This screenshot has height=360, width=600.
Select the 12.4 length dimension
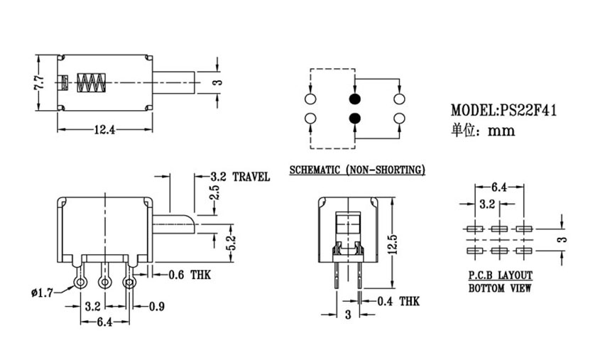(104, 130)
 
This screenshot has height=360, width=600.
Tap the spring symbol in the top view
(91, 82)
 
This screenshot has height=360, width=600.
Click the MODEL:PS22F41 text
(503, 110)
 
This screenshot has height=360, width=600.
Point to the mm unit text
(501, 131)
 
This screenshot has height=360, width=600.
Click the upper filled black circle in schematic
(355, 99)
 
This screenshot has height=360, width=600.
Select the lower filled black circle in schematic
(355, 119)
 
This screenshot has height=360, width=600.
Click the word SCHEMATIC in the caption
(315, 170)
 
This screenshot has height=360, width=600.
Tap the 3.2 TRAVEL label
(240, 177)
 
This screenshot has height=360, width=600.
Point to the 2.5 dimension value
(215, 192)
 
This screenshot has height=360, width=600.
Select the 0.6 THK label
(190, 275)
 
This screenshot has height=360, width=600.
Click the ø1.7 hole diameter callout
(42, 293)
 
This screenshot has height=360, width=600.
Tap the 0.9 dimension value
(156, 307)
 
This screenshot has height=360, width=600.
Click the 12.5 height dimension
(394, 244)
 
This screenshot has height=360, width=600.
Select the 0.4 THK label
(398, 302)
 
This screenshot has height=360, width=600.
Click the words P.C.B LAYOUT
(501, 275)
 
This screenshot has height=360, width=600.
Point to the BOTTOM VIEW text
(500, 288)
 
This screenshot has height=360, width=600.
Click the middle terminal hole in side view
(104, 283)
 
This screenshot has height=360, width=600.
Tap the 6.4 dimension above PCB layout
(499, 187)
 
